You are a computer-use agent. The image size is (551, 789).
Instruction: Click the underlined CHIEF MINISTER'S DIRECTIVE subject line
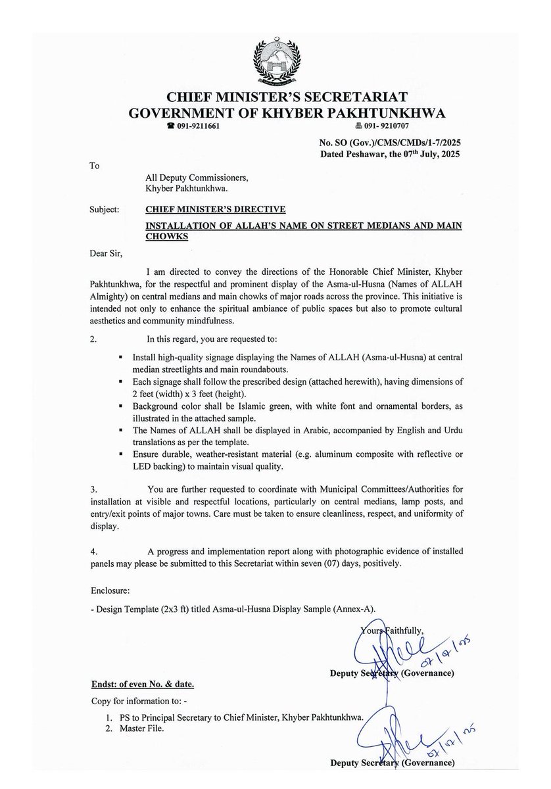click(216, 210)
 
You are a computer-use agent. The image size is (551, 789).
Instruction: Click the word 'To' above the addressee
click(95, 166)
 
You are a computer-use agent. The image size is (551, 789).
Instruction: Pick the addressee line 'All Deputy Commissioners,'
click(197, 178)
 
